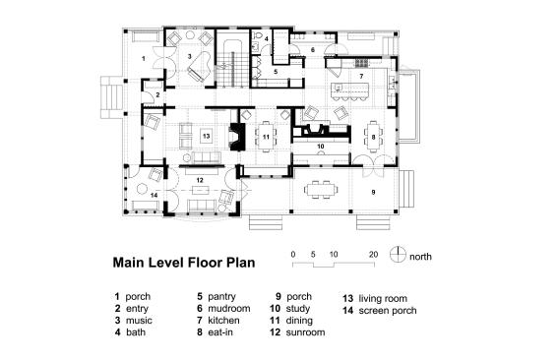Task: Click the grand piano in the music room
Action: [x=200, y=69]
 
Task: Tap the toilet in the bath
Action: [x=258, y=35]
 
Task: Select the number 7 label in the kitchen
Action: [x=361, y=76]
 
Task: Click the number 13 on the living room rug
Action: [x=206, y=136]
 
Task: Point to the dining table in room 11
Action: [x=266, y=137]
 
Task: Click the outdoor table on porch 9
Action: [x=320, y=189]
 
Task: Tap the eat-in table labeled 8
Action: [x=373, y=137]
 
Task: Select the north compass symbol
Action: [x=398, y=255]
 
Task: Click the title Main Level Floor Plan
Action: [x=184, y=263]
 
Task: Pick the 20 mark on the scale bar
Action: [x=373, y=255]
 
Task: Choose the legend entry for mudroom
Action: [x=223, y=309]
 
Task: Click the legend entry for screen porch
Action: [x=380, y=311]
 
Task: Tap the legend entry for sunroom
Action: [x=297, y=332]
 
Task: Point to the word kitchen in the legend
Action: [x=223, y=320]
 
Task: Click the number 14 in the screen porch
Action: [x=154, y=195]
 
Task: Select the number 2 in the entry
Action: [x=157, y=95]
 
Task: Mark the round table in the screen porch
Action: [x=143, y=189]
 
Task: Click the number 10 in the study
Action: [x=320, y=147]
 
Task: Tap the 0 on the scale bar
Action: [x=293, y=255]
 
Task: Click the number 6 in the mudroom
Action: [x=313, y=50]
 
